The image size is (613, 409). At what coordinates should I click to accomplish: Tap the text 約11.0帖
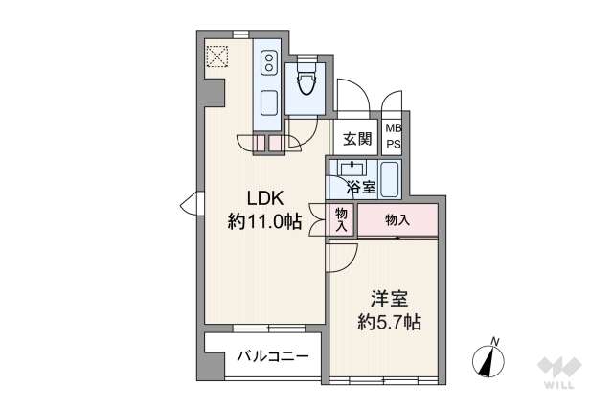pos(264,222)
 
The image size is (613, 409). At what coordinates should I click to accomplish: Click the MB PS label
pos(393,137)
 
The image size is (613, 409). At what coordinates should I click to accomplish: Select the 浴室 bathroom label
pos(361,187)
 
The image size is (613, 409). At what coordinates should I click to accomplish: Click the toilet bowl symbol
pos(307,82)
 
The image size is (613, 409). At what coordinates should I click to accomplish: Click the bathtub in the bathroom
pos(390,179)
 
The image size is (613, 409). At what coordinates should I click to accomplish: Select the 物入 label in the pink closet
pos(397,220)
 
